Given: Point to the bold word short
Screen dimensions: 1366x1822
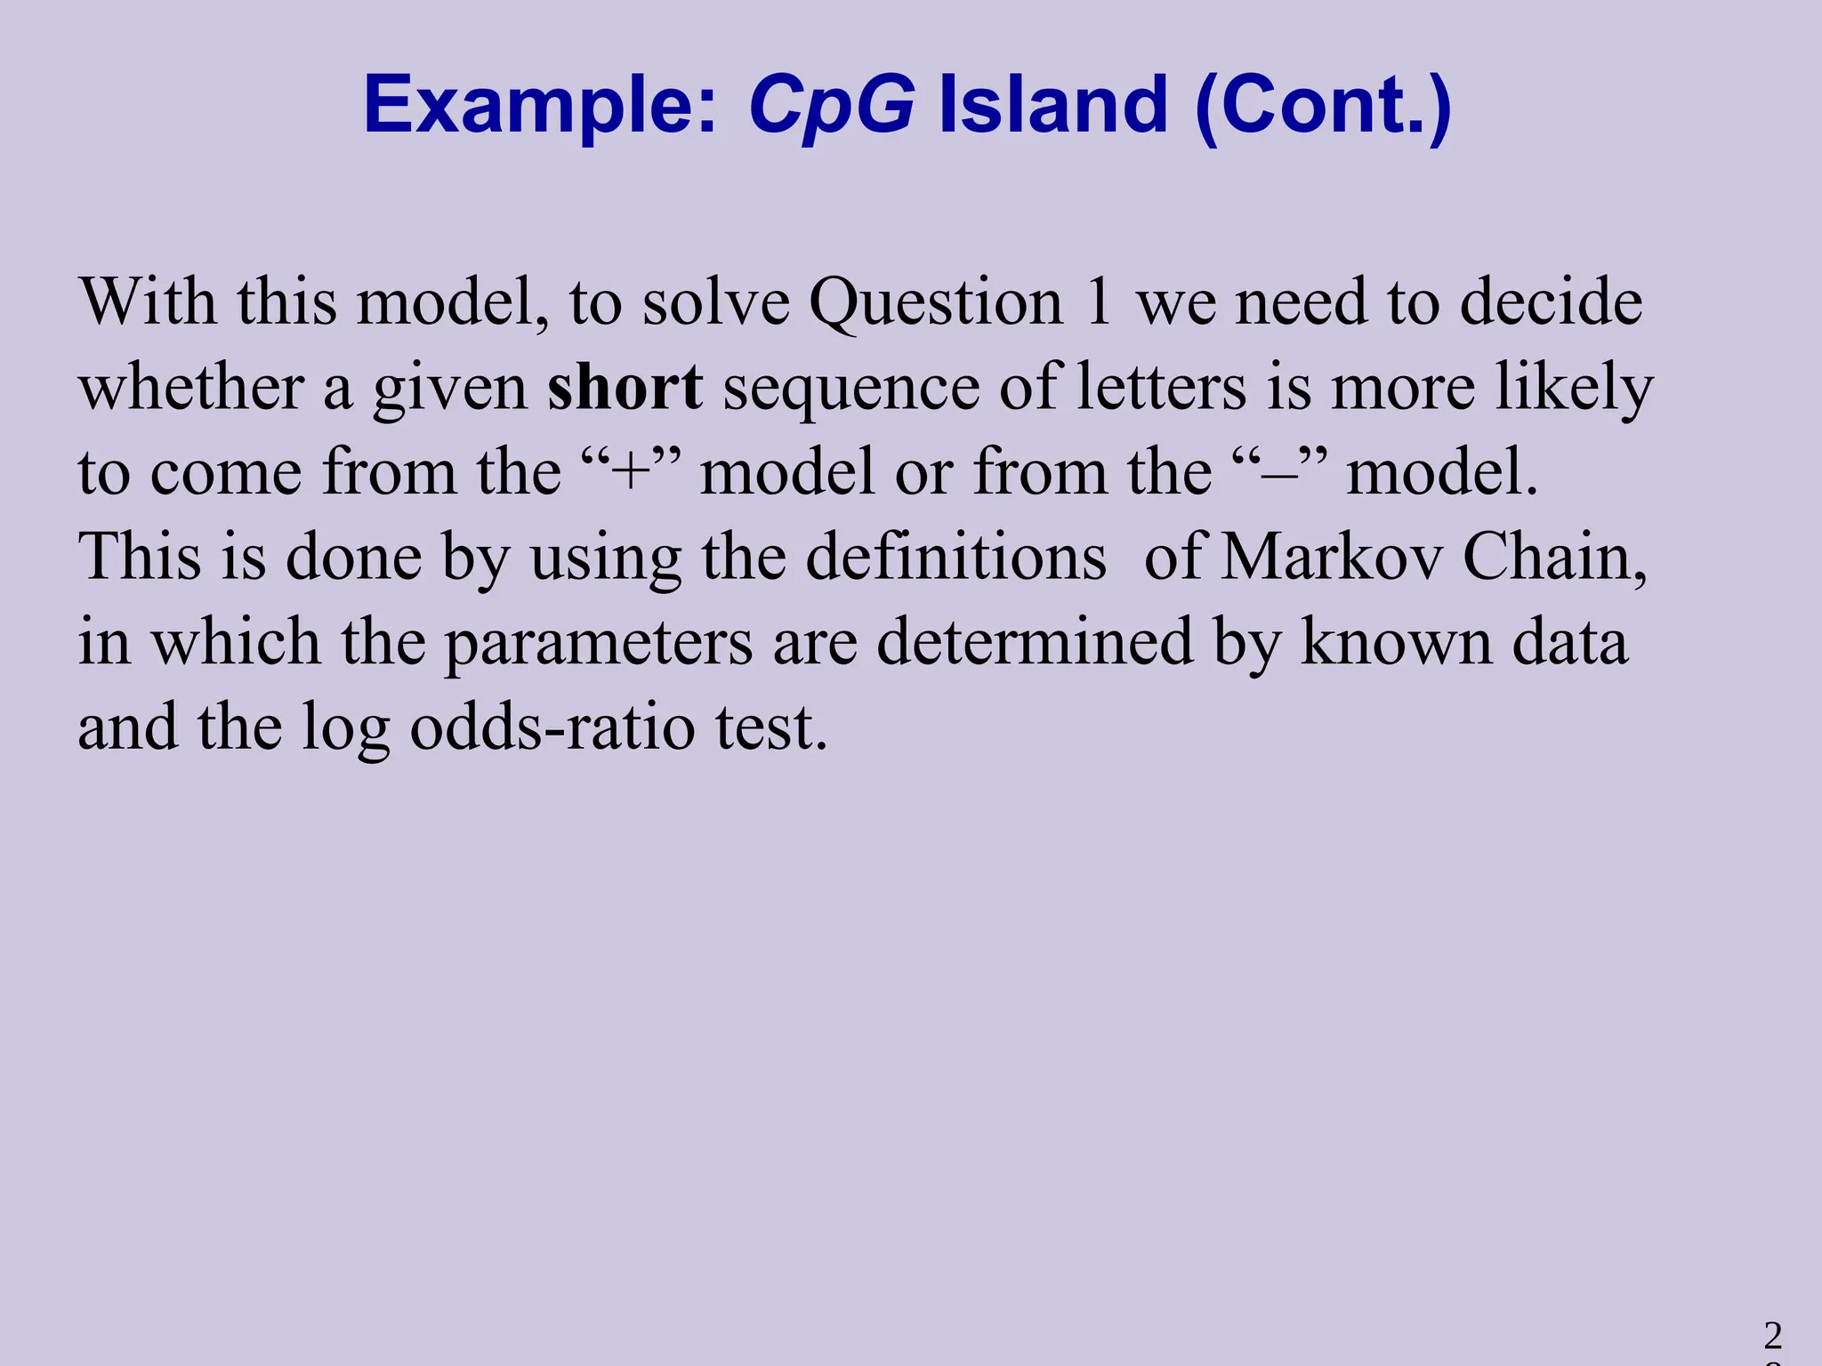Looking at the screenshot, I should pyautogui.click(x=625, y=388).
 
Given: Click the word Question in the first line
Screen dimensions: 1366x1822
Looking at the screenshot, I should pyautogui.click(x=936, y=302).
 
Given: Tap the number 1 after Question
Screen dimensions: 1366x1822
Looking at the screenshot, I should pyautogui.click(x=1099, y=302).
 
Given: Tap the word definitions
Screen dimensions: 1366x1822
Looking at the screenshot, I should pyautogui.click(x=955, y=558).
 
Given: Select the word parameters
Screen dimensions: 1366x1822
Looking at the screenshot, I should pyautogui.click(x=598, y=643).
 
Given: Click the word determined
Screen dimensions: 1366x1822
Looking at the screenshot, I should pyautogui.click(x=1034, y=641).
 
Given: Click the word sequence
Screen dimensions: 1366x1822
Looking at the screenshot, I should pyautogui.click(x=851, y=390).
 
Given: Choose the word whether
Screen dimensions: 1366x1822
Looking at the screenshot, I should pyautogui.click(x=191, y=388).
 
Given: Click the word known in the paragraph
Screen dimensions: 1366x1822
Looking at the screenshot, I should pyautogui.click(x=1396, y=641).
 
